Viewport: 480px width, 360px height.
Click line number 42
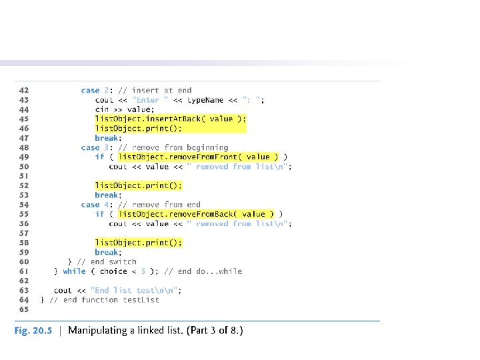tap(23, 91)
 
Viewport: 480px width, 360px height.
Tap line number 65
tap(23, 309)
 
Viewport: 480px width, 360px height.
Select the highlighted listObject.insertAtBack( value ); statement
tap(171, 119)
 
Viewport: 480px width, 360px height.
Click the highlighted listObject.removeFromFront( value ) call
tap(199, 157)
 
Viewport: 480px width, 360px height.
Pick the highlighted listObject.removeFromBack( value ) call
tap(196, 214)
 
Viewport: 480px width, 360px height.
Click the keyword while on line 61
tap(74, 271)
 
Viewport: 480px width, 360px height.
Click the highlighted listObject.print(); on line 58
tap(138, 243)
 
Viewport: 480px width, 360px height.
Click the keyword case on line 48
tap(90, 147)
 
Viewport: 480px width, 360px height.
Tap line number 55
tap(23, 214)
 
